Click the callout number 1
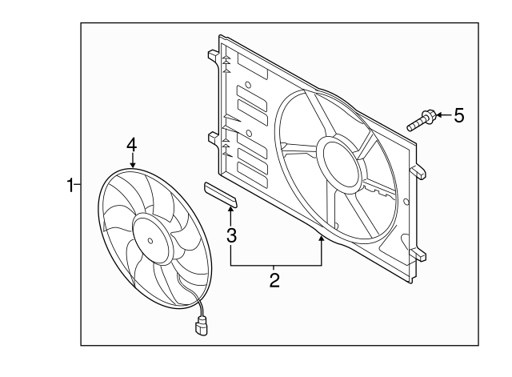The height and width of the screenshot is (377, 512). coord(70,186)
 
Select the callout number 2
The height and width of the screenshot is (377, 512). coord(274,280)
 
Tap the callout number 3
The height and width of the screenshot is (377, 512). coord(231,235)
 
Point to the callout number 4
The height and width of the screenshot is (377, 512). coord(132,144)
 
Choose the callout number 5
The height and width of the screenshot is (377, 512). coord(458,115)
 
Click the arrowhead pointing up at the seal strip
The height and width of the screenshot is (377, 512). coord(231,211)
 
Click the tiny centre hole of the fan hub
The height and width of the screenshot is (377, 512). coord(151,237)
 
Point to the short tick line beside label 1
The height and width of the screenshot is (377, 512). coord(78,186)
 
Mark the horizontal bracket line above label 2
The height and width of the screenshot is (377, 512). coord(276,265)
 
